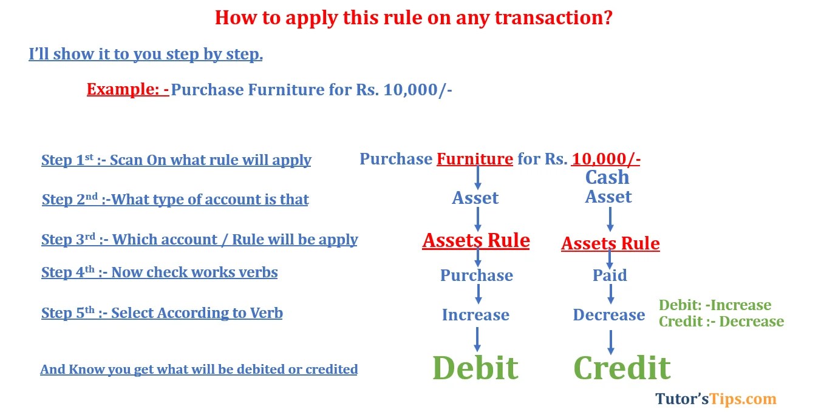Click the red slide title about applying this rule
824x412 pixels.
tap(413, 18)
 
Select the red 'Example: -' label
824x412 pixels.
tap(128, 90)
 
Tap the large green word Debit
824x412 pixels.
tap(475, 368)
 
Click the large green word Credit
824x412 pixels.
tap(622, 368)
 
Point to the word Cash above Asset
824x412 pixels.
tap(607, 177)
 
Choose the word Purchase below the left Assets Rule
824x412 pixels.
tap(477, 275)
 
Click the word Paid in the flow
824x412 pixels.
tap(610, 275)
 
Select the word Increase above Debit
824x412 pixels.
tap(475, 315)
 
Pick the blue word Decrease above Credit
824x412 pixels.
tap(609, 315)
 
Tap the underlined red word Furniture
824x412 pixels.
tap(475, 160)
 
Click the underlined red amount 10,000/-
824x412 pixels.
tap(606, 160)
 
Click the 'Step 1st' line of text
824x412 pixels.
tap(176, 160)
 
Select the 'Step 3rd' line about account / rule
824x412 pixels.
tap(199, 240)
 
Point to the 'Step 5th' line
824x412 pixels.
tap(162, 313)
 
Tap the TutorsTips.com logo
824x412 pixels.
tap(716, 399)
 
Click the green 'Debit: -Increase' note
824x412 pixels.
tap(715, 305)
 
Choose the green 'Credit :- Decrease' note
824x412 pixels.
tap(721, 322)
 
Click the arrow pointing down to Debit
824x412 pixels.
tap(477, 339)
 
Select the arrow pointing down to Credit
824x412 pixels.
tap(611, 342)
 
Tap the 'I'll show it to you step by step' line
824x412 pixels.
tap(146, 55)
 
